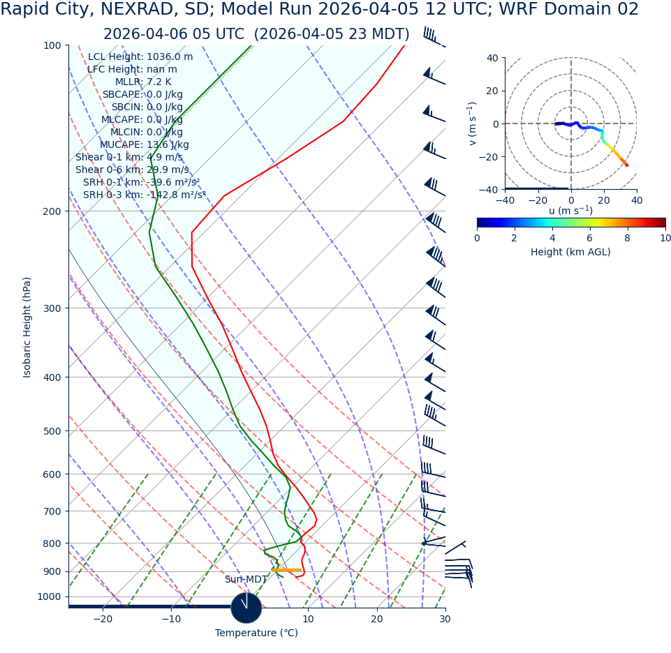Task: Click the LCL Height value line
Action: pyautogui.click(x=140, y=57)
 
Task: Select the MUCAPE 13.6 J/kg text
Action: pyautogui.click(x=144, y=145)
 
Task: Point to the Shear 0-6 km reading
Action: pyautogui.click(x=132, y=170)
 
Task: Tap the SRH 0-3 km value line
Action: pyautogui.click(x=145, y=195)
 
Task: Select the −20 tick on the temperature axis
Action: pyautogui.click(x=103, y=620)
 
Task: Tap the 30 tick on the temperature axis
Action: pyautogui.click(x=445, y=620)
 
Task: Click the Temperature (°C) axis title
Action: pyautogui.click(x=256, y=633)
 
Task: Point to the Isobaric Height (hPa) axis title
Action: pyautogui.click(x=27, y=327)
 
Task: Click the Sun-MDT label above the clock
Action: pyautogui.click(x=246, y=580)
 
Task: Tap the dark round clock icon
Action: pyautogui.click(x=246, y=608)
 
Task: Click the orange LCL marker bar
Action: pyautogui.click(x=287, y=571)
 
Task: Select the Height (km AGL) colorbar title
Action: pyautogui.click(x=570, y=253)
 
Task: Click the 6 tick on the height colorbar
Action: pyautogui.click(x=590, y=238)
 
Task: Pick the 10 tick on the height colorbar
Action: pyautogui.click(x=665, y=238)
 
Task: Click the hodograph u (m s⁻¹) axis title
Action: pyautogui.click(x=570, y=211)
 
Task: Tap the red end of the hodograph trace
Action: pyautogui.click(x=626, y=165)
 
